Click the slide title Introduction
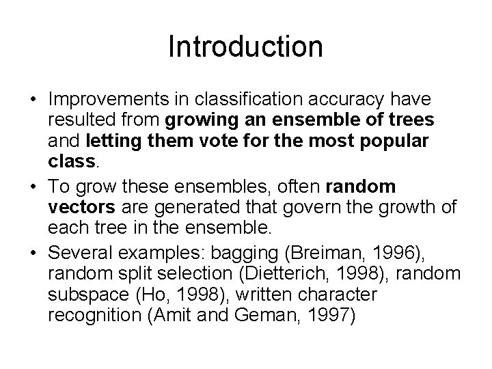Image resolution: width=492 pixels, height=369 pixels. click(245, 47)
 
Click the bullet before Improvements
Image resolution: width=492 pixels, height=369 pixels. click(33, 101)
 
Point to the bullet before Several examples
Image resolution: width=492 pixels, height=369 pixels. click(33, 254)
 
